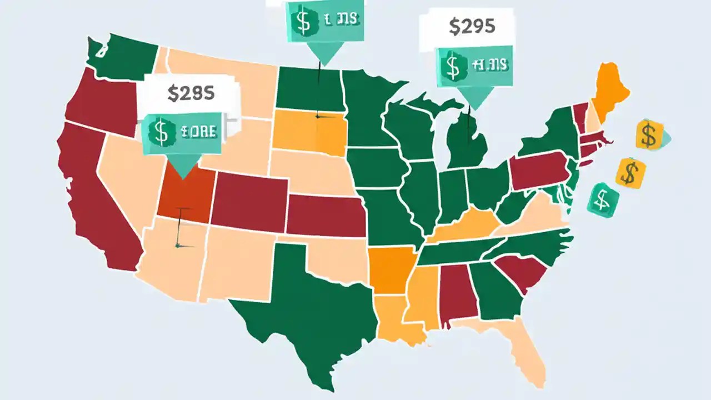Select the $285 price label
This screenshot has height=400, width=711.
tap(191, 93)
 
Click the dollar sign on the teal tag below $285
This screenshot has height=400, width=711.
tap(161, 132)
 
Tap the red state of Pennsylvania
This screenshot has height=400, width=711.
tap(539, 172)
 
